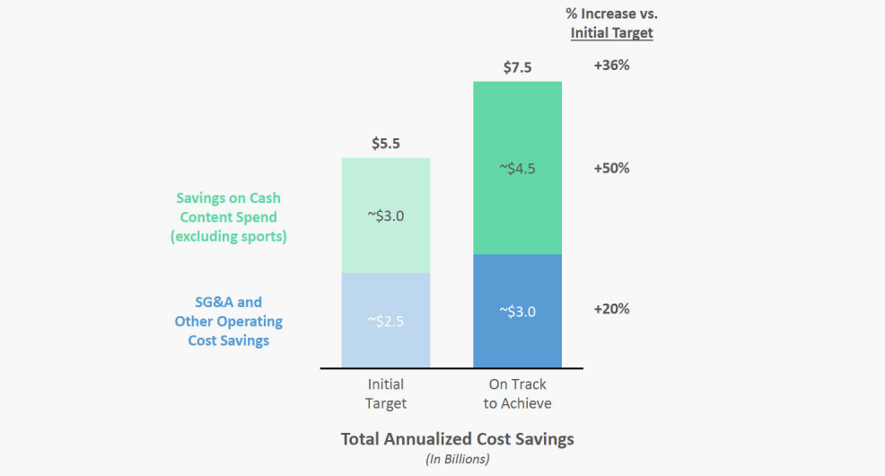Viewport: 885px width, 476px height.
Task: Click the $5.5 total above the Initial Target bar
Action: (386, 144)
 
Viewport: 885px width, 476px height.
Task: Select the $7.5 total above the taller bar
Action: (518, 66)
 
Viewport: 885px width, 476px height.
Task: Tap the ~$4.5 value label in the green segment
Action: (517, 168)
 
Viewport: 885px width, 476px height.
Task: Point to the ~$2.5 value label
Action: (386, 320)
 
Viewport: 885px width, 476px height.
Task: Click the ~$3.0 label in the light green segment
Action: (386, 216)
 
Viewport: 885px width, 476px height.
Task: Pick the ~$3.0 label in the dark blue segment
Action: (517, 312)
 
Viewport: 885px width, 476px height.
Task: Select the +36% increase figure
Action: (611, 66)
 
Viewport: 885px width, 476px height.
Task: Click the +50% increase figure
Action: (611, 168)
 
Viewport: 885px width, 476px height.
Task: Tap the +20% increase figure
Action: (611, 309)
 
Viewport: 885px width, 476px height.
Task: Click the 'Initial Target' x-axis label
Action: (386, 394)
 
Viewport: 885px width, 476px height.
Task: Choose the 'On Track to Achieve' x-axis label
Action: (517, 394)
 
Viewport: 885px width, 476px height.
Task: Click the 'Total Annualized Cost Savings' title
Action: (457, 439)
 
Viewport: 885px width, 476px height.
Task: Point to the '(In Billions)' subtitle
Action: (457, 459)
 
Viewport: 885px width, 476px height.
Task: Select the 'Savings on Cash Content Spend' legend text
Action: (228, 207)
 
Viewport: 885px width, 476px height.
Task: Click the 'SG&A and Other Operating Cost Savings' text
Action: (228, 322)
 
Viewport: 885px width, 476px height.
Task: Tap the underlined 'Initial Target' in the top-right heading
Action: (611, 33)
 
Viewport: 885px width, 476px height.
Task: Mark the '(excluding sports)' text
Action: (228, 236)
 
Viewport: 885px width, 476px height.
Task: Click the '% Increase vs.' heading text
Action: (611, 13)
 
